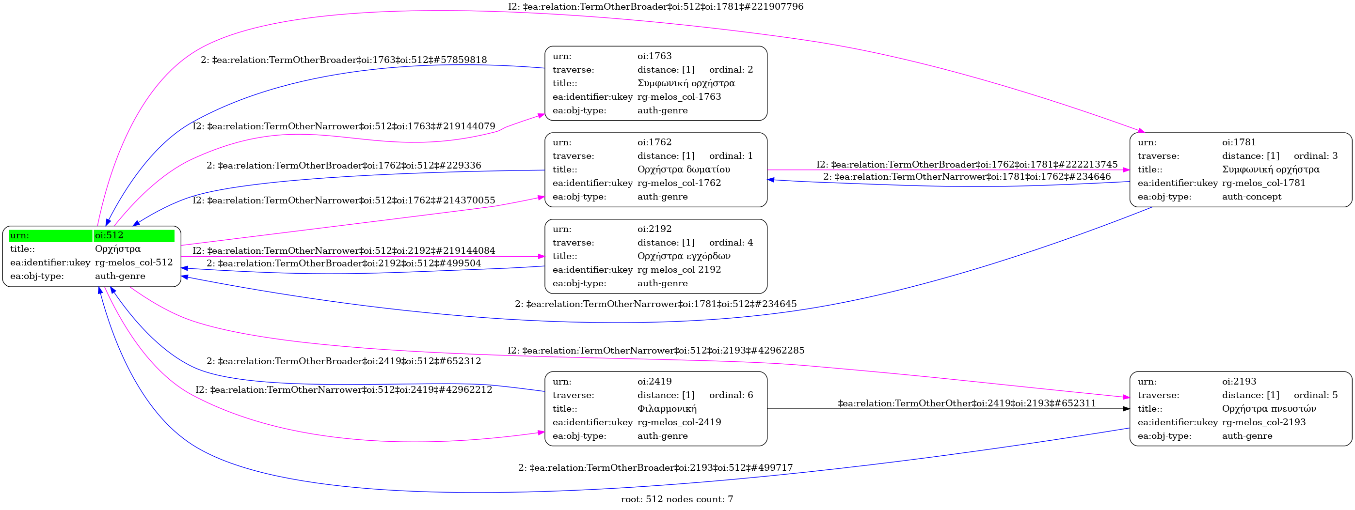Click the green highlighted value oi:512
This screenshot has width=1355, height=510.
point(109,235)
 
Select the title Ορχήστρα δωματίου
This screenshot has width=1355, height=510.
point(683,170)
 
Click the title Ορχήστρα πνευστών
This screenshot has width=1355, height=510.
point(1269,408)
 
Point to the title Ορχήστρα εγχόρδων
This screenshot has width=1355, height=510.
point(683,256)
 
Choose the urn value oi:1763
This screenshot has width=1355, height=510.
point(654,56)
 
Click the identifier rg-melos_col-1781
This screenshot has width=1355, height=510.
point(1263,183)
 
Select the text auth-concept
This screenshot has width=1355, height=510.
point(1251,197)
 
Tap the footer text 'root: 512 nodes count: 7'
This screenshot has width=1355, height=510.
point(676,499)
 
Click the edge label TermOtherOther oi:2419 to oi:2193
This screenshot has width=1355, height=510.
point(967,403)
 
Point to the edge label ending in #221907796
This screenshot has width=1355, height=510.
point(655,7)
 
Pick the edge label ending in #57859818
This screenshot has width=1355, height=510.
point(344,60)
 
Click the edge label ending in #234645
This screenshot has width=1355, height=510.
point(655,304)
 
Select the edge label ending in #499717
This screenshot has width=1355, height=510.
point(655,467)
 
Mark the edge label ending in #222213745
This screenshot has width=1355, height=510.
point(967,165)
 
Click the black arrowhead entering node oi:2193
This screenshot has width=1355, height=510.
point(1126,408)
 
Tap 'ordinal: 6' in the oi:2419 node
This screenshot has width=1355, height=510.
point(731,395)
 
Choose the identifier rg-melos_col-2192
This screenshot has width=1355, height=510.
point(679,270)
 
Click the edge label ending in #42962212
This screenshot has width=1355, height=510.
point(344,389)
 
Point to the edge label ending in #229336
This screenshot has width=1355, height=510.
point(344,166)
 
